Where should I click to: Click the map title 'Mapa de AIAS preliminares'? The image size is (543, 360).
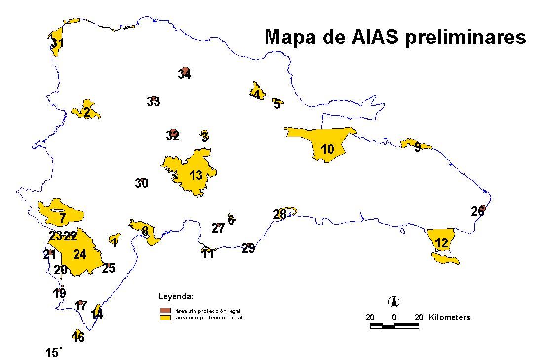pyautogui.click(x=395, y=37)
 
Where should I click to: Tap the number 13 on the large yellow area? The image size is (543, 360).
pyautogui.click(x=196, y=175)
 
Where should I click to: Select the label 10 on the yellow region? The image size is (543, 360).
pyautogui.click(x=327, y=149)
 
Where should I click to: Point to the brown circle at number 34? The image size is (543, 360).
pyautogui.click(x=185, y=70)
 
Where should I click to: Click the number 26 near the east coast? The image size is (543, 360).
pyautogui.click(x=477, y=212)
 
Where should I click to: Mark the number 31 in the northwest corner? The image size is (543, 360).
pyautogui.click(x=57, y=43)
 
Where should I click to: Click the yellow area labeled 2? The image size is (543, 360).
pyautogui.click(x=86, y=112)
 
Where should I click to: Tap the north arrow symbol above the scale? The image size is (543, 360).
pyautogui.click(x=394, y=301)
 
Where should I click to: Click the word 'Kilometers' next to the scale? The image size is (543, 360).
pyautogui.click(x=450, y=317)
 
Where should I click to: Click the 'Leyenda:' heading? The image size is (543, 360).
pyautogui.click(x=176, y=297)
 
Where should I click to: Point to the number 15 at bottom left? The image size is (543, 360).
pyautogui.click(x=52, y=353)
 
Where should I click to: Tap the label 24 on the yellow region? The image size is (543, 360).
pyautogui.click(x=79, y=254)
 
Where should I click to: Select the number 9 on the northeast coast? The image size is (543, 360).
pyautogui.click(x=417, y=147)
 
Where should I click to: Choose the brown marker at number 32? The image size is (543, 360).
pyautogui.click(x=173, y=133)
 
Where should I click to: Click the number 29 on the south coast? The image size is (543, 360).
pyautogui.click(x=248, y=248)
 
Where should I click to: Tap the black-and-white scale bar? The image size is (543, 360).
pyautogui.click(x=394, y=326)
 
